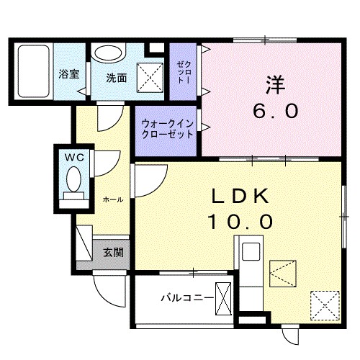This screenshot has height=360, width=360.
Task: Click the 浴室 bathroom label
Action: pyautogui.click(x=68, y=74)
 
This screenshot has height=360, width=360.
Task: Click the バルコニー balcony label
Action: pyautogui.click(x=186, y=297)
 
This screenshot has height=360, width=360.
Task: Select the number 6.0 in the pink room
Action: pyautogui.click(x=274, y=112)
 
